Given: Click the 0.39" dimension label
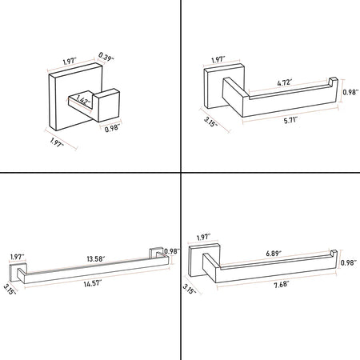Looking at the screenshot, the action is (106, 57).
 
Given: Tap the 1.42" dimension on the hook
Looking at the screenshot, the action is (83, 101).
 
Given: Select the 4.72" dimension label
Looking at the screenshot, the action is (284, 82).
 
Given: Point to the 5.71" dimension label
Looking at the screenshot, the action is (290, 121).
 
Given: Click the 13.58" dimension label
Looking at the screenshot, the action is (96, 258).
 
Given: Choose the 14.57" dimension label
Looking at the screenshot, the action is (93, 283).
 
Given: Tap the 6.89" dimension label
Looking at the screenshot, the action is (274, 254).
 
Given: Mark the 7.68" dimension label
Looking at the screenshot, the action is (281, 285).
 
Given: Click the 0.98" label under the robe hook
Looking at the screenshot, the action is (112, 129).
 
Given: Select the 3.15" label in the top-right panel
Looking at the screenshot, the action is (210, 122).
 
